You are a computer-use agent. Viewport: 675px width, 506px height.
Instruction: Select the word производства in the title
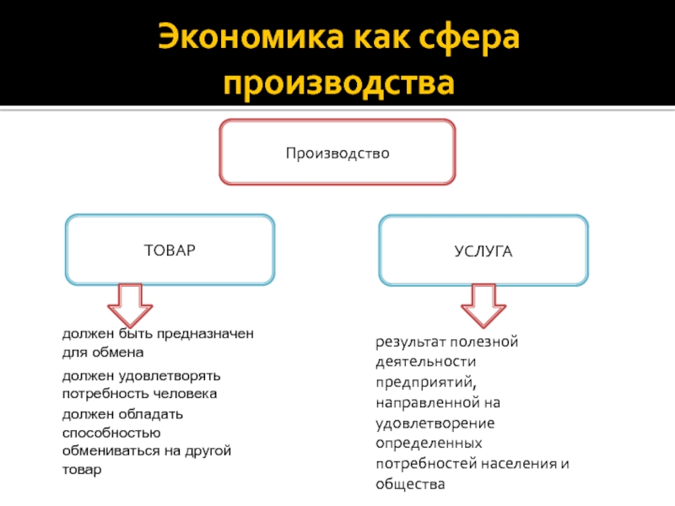coord(337,83)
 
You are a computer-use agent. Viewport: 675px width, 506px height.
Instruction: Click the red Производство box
coord(337,153)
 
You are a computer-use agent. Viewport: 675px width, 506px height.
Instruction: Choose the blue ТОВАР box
coord(170,250)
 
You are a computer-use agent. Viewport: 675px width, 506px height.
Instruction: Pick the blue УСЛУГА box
coord(483,251)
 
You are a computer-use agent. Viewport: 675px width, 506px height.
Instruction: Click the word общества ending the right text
coord(409,484)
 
